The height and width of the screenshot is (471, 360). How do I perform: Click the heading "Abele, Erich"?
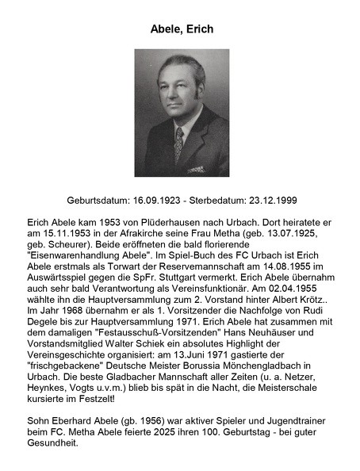tap(181, 29)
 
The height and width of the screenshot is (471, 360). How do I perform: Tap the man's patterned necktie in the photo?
tap(178, 145)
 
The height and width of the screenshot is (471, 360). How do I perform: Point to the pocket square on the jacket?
tap(197, 167)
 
